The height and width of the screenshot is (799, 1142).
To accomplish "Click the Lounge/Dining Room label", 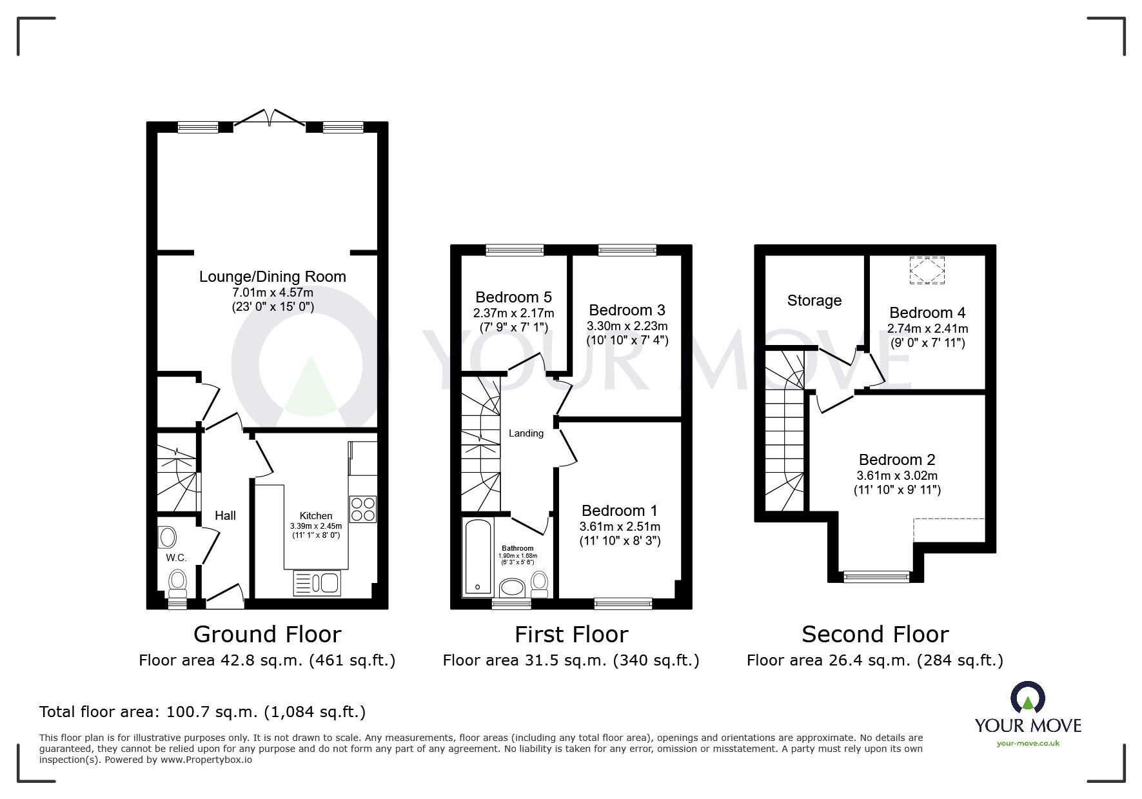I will point(272,277).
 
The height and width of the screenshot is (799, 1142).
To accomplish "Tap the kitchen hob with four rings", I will point(362,509).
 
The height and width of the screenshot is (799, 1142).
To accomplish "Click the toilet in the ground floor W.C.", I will point(177,583).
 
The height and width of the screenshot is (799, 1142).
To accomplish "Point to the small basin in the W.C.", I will point(168,537).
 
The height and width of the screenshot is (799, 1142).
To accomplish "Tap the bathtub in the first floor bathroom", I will point(478,558).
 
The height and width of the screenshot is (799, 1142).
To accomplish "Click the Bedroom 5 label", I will point(513,297).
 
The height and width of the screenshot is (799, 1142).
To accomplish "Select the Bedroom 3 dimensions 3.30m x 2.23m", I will point(627,326).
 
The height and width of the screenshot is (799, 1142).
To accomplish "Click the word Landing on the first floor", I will point(526,433).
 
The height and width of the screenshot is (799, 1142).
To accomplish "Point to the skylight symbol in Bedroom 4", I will point(927,270).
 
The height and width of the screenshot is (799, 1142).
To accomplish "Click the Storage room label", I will point(814,301).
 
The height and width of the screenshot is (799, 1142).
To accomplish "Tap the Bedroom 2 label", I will point(896,460).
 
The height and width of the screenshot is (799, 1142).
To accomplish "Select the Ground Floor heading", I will point(267,635).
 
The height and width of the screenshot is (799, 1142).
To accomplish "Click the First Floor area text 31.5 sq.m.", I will point(571,660).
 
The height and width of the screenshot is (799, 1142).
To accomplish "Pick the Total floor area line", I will point(202,712).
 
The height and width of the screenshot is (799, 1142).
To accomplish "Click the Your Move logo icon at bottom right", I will point(1027,698).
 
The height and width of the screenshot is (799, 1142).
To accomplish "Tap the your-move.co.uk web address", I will point(1028,744).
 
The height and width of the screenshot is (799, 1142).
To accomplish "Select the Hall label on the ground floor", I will point(225,515).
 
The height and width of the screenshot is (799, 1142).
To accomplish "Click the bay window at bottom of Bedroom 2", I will point(876,577).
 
